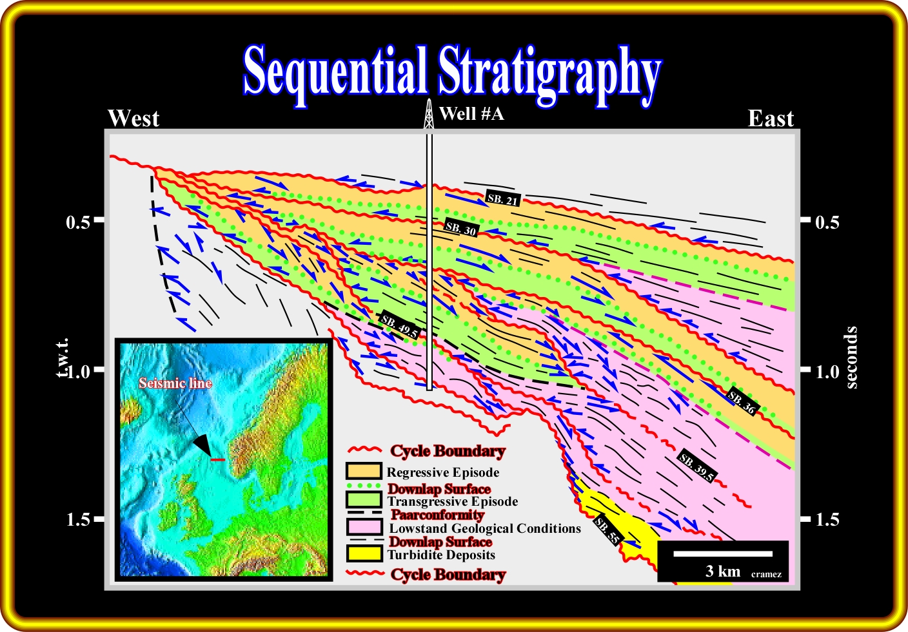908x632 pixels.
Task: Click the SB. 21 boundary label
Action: [502, 198]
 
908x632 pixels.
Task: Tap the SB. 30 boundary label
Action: [461, 228]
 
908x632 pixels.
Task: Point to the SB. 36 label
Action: [741, 401]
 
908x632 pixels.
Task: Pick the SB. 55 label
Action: [607, 530]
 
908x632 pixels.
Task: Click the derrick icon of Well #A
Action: [428, 114]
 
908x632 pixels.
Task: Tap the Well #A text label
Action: [471, 114]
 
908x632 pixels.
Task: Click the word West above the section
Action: [133, 119]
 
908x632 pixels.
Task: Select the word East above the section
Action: [771, 119]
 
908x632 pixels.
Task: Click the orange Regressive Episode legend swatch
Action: [364, 471]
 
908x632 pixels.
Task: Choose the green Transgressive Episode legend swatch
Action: [364, 499]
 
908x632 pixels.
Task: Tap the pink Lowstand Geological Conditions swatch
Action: [364, 527]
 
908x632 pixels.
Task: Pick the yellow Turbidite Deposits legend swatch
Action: [364, 553]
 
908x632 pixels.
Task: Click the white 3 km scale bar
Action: [723, 554]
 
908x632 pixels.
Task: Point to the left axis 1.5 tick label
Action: [79, 519]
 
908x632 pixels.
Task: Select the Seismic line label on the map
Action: [175, 383]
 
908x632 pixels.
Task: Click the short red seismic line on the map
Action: [218, 460]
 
